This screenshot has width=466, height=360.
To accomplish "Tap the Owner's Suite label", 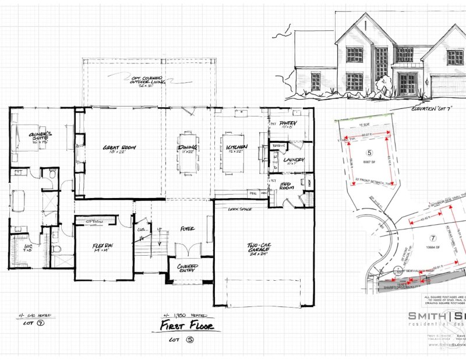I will pos(41,137).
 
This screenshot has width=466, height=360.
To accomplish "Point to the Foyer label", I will pos(187,230).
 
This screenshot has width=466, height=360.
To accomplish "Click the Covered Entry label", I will pos(188,269).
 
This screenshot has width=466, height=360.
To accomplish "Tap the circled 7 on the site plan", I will pos(432,238).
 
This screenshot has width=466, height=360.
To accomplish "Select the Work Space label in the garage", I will pos(240,208).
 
